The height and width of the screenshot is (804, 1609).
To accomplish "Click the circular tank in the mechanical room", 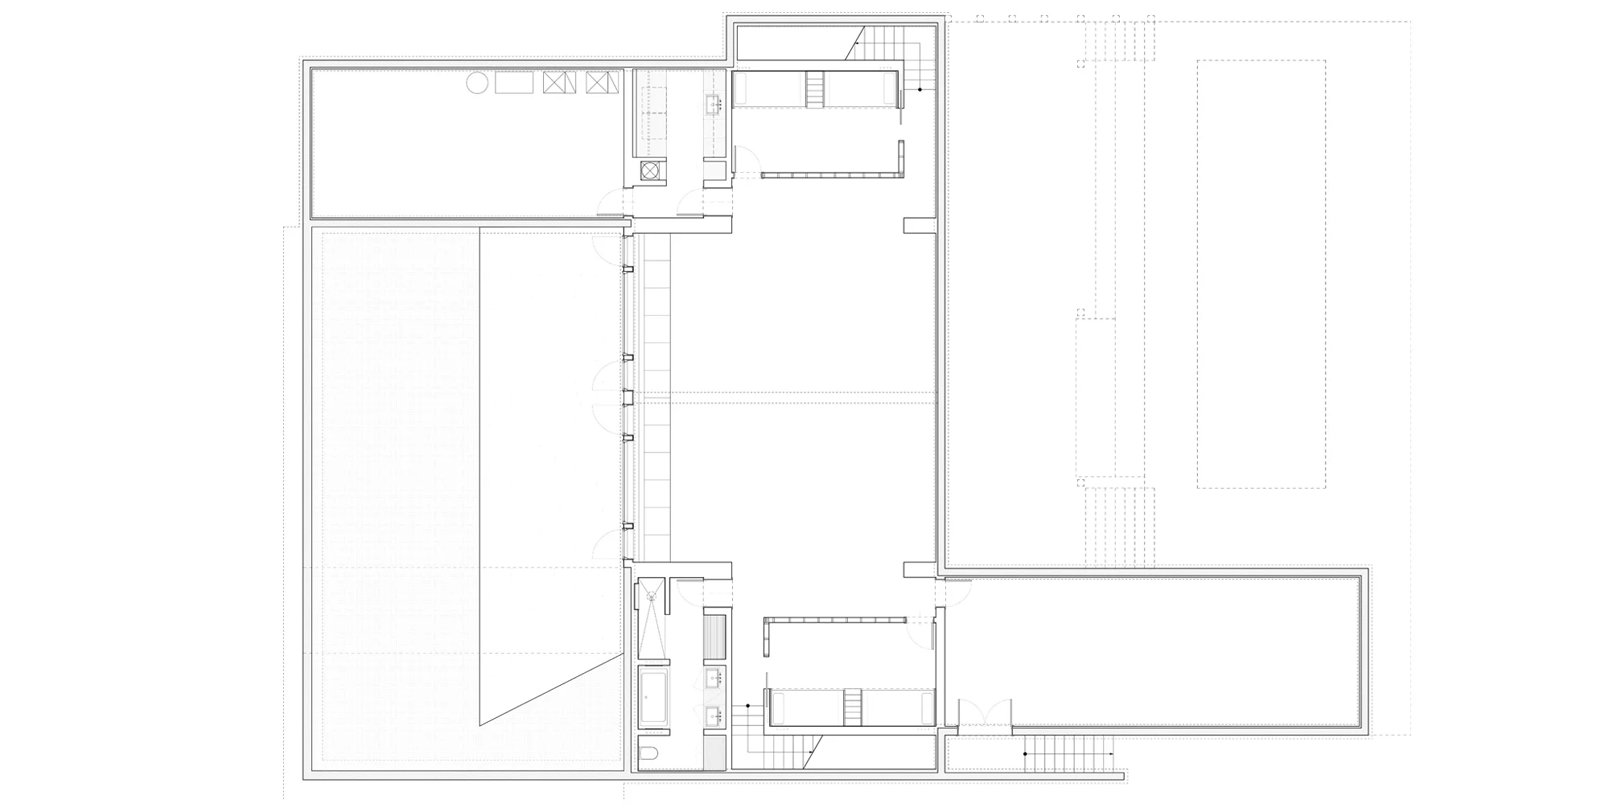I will pos(477,83).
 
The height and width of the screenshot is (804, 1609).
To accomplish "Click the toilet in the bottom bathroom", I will pos(649,753).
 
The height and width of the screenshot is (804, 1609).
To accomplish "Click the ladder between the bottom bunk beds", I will pos(851,708).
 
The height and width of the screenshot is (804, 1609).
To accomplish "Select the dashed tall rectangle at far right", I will pos(1261,273).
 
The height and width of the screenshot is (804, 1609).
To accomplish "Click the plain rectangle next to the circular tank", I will pos(514,83).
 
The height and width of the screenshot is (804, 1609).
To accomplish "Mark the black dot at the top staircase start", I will pos(920,89).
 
